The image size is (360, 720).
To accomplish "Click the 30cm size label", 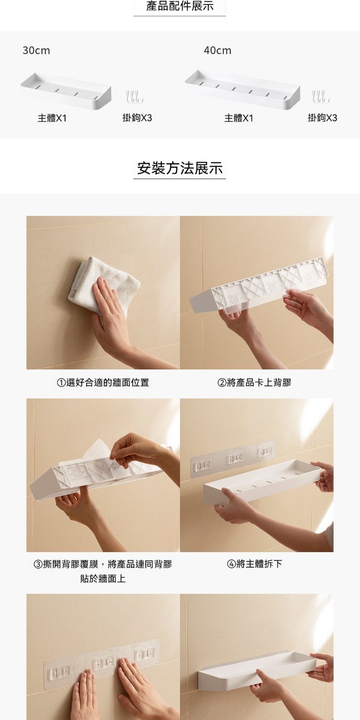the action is [x=36, y=50].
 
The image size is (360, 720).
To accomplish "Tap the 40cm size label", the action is [x=218, y=50].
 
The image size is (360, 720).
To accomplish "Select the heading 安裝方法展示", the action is [x=180, y=168].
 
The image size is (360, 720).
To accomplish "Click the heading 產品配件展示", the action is [x=180, y=6].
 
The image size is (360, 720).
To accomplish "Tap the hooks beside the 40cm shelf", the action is [x=321, y=97].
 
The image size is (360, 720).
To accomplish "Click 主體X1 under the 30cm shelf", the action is [x=52, y=118].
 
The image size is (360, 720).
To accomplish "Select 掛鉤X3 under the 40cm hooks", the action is [x=322, y=118].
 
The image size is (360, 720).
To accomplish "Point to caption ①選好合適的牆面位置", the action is [x=103, y=382].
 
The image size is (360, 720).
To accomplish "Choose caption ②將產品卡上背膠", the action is [x=254, y=382].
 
